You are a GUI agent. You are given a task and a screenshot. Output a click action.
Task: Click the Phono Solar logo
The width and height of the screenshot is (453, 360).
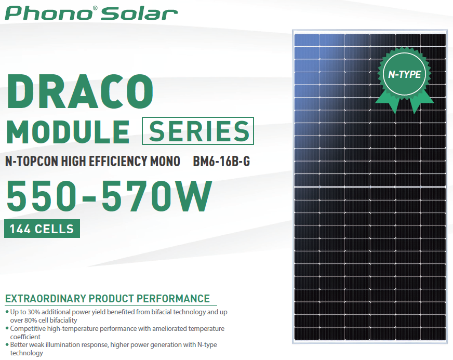(91, 12)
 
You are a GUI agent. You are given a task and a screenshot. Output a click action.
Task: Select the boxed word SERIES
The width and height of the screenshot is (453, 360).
(198, 130)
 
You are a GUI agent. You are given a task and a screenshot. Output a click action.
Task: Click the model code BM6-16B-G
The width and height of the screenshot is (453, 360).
(221, 162)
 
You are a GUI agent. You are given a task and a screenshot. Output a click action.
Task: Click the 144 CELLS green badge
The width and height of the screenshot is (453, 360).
(42, 229)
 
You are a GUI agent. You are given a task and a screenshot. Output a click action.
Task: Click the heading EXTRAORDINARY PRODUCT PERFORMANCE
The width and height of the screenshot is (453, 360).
(108, 299)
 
